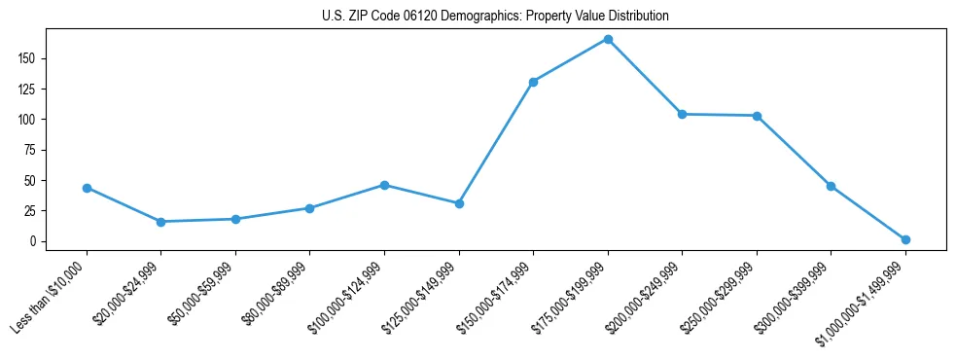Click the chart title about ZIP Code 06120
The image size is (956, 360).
[x=495, y=17]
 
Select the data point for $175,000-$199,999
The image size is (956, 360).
[x=608, y=39]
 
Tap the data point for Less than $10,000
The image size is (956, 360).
[x=87, y=188]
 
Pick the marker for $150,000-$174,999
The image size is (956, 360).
[x=533, y=82]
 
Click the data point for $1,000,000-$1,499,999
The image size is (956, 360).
[x=905, y=239]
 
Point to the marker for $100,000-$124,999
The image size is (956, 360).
[x=384, y=185]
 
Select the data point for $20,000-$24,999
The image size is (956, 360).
[x=160, y=222]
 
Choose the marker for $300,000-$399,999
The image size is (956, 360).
[x=831, y=186]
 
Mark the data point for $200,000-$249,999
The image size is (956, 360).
[x=682, y=114]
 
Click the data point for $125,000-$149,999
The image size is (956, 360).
[x=459, y=203]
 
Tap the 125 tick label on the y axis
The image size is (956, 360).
[x=35, y=90]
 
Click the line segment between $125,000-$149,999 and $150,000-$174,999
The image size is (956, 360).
[x=496, y=143]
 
